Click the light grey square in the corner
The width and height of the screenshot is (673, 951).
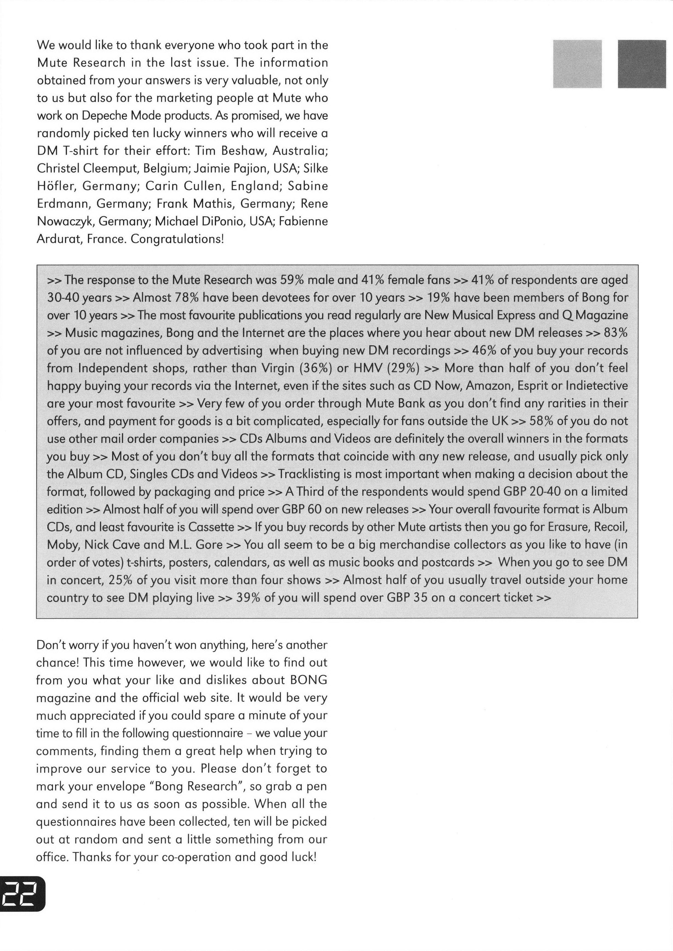577,64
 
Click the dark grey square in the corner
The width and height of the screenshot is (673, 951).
642,64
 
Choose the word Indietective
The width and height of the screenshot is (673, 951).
597,385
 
